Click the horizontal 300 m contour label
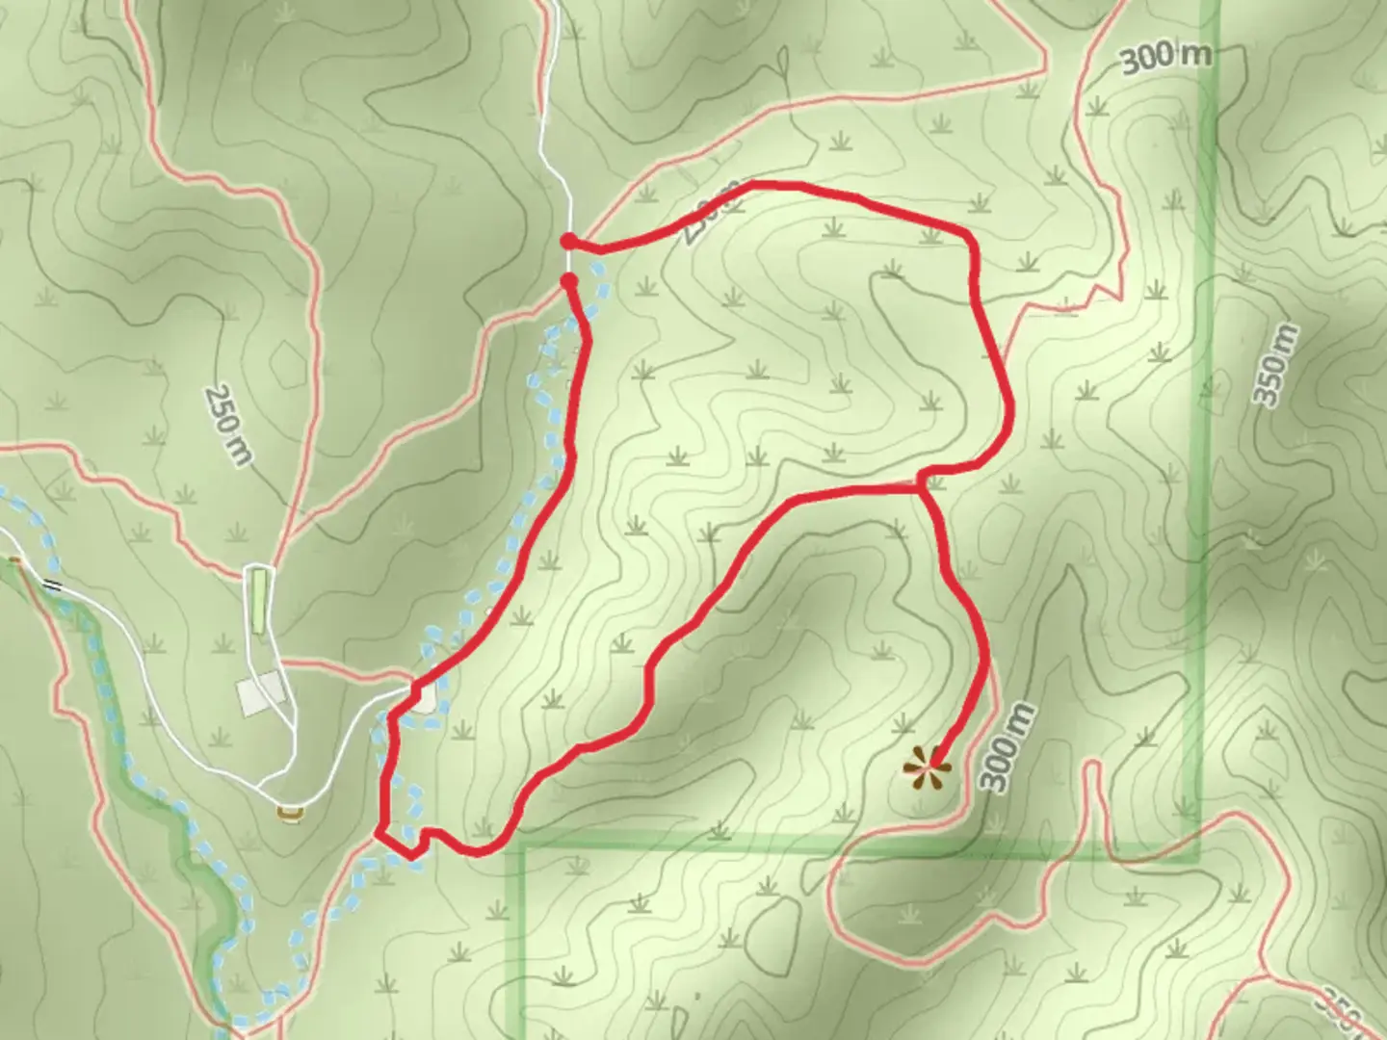(1165, 57)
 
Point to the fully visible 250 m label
(227, 426)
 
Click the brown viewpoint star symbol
(927, 768)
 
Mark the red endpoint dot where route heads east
(569, 240)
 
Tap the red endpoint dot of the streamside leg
(569, 281)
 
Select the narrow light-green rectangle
(259, 599)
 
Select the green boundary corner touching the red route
(521, 847)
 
